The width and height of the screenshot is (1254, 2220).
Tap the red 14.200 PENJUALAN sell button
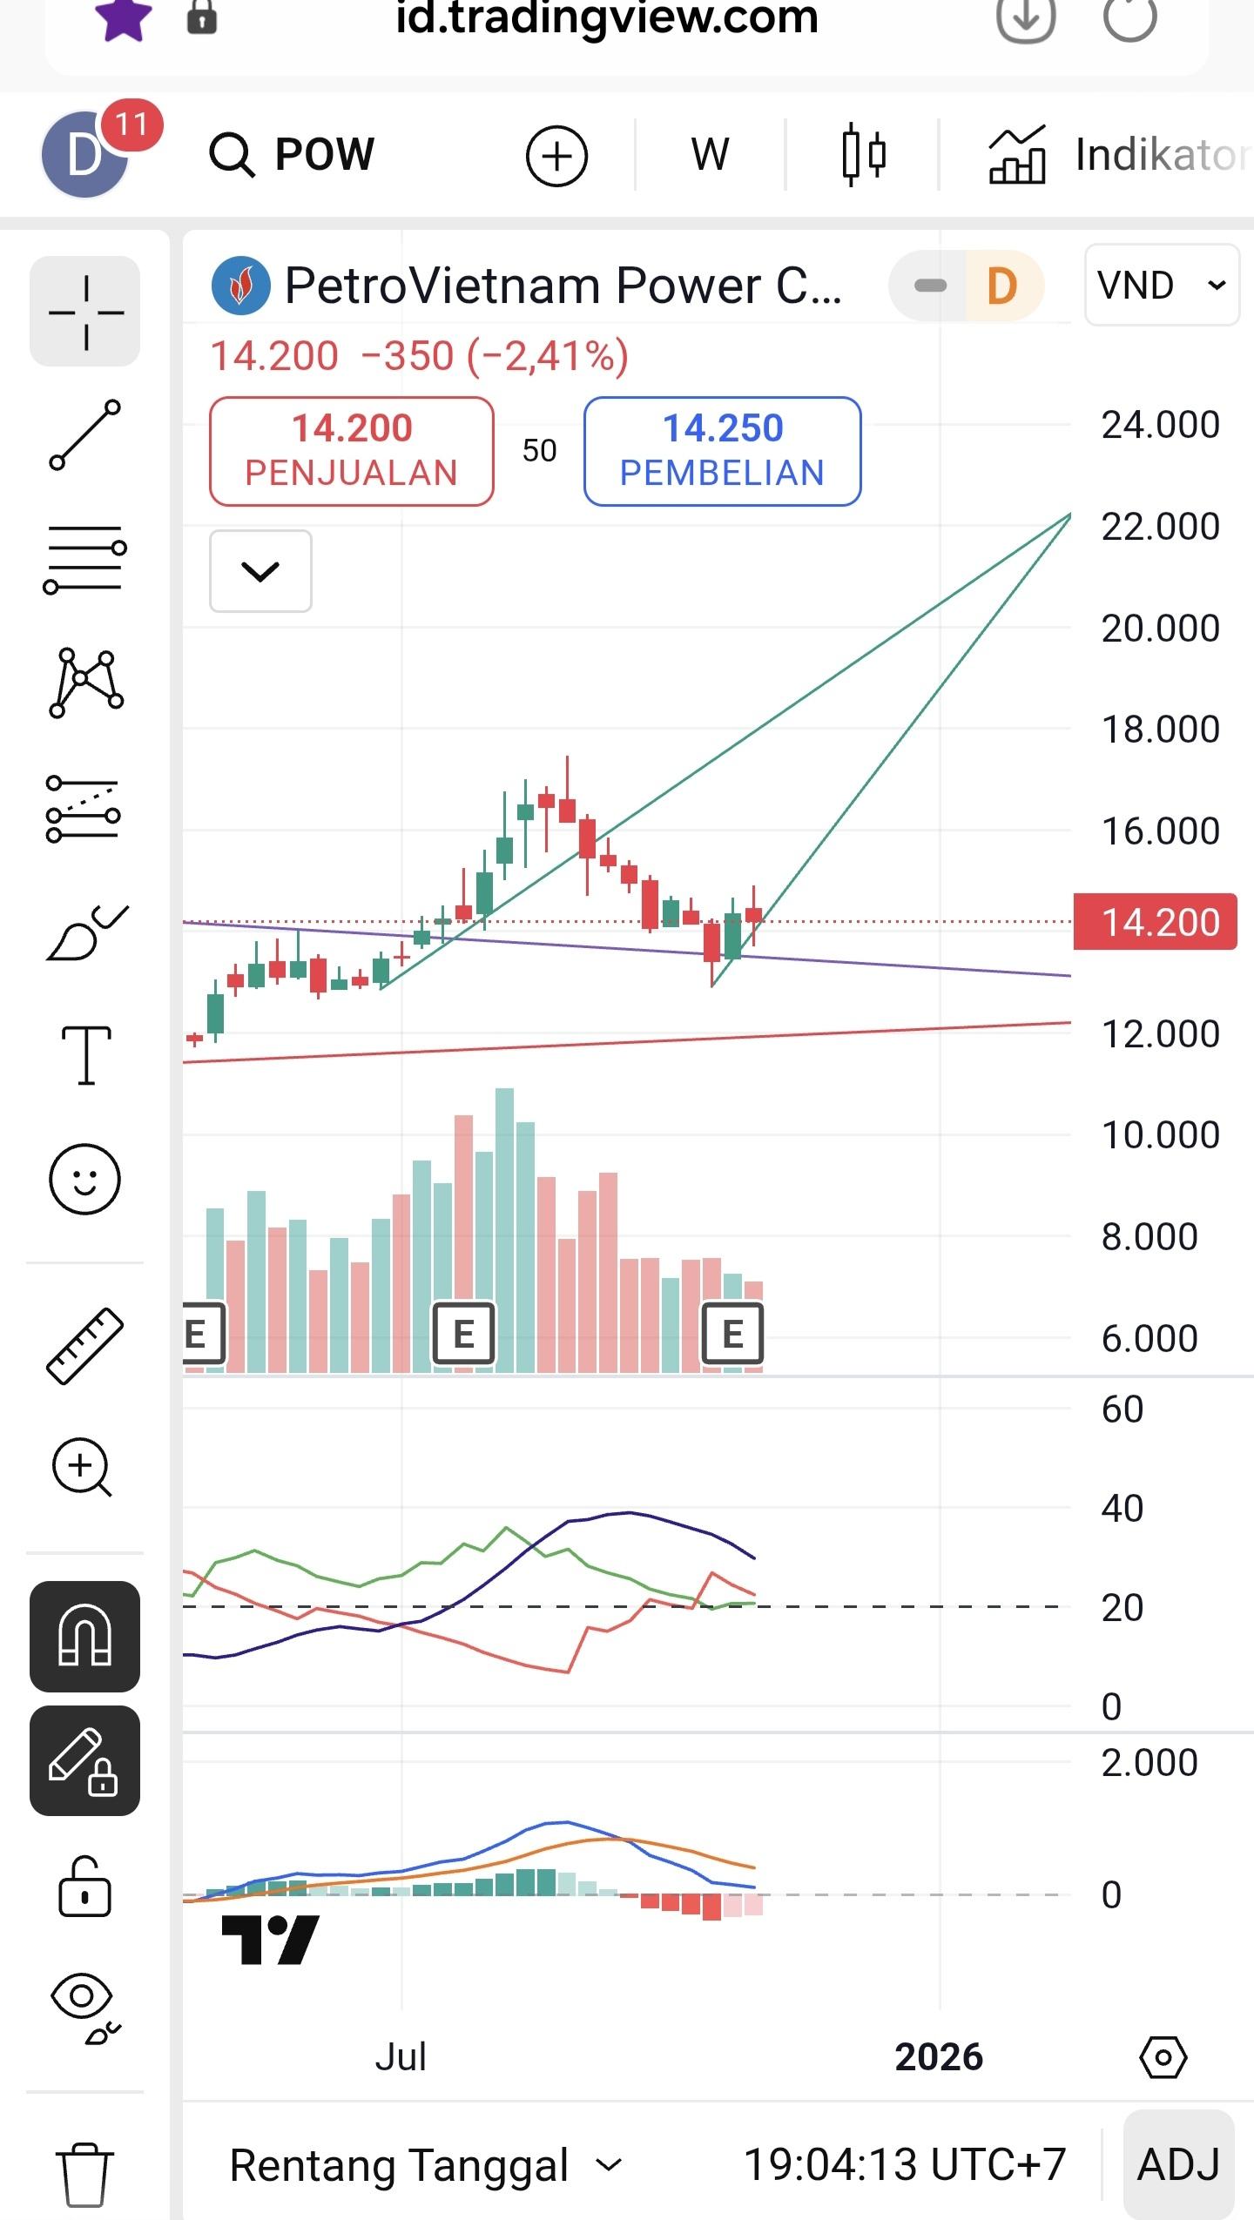click(351, 450)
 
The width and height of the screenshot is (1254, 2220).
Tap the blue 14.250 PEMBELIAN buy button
click(722, 450)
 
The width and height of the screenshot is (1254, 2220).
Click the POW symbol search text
click(324, 155)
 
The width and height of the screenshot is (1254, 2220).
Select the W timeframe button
click(710, 155)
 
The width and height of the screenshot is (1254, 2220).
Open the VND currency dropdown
click(1161, 285)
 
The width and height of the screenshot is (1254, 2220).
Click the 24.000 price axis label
click(1160, 425)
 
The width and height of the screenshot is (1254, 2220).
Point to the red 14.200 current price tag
click(1155, 922)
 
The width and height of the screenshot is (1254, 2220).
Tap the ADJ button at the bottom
click(1178, 2164)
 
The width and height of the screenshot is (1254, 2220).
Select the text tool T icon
click(85, 1054)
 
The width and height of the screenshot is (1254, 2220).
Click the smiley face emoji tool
click(84, 1179)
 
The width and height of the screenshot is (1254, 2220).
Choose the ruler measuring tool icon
click(84, 1346)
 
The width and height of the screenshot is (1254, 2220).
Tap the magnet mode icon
click(84, 1636)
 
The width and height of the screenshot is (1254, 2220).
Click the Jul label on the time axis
click(401, 2057)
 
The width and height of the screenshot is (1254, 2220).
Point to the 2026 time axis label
click(939, 2057)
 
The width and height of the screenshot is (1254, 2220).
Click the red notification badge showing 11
click(131, 124)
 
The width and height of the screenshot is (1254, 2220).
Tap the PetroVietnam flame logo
click(240, 286)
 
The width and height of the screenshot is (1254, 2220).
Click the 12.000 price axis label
click(1160, 1034)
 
